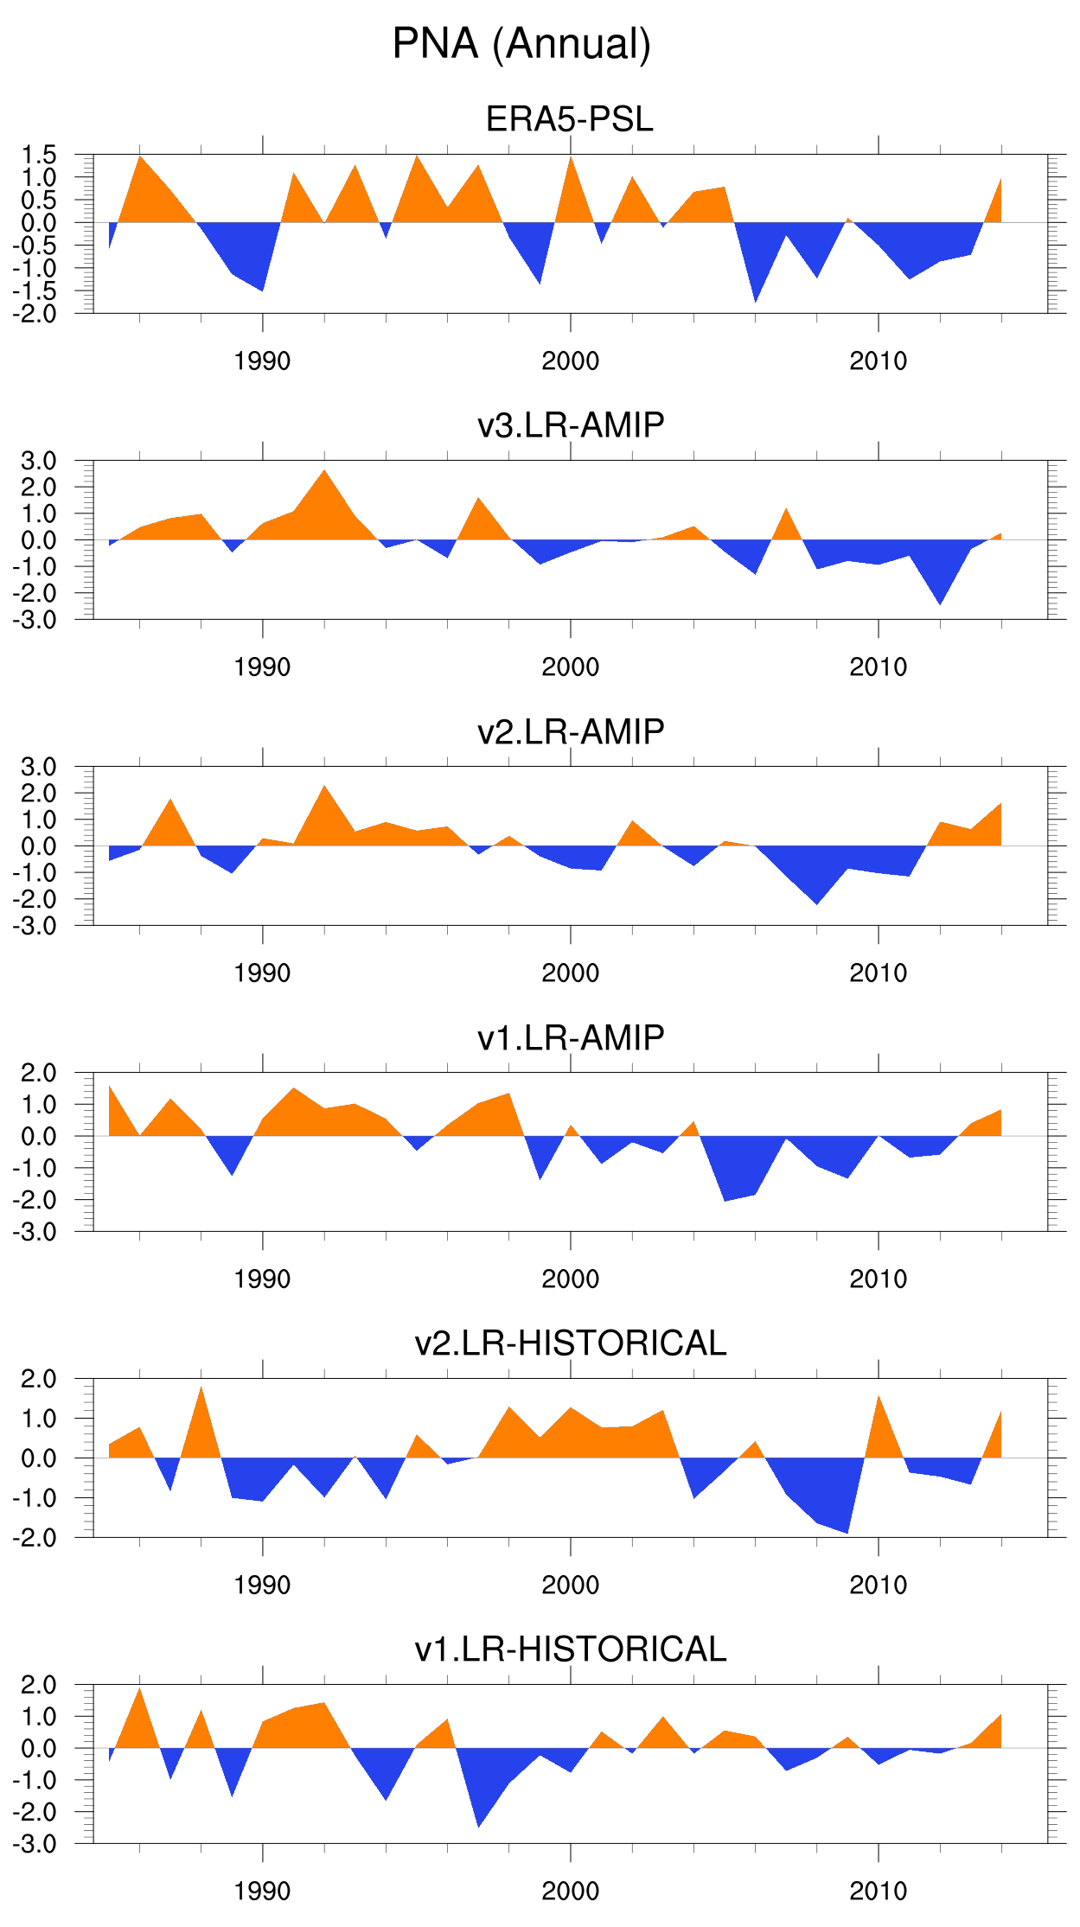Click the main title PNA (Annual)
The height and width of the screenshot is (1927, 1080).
(521, 44)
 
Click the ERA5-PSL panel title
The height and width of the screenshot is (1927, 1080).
(570, 119)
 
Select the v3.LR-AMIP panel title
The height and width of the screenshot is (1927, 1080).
(571, 425)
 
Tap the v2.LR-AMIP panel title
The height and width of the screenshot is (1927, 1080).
(571, 731)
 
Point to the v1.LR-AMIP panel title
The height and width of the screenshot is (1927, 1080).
(571, 1037)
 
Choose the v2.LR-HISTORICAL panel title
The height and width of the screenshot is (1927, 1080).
(571, 1343)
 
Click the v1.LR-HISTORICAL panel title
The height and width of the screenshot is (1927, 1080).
(571, 1649)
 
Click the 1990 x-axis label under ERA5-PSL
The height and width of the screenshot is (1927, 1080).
(262, 361)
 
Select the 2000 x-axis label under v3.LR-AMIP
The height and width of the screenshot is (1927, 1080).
(570, 667)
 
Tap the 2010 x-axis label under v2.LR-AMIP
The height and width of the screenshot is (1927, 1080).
(878, 973)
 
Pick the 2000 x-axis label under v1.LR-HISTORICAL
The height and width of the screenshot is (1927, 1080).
(570, 1892)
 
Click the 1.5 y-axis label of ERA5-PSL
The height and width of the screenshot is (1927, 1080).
(39, 156)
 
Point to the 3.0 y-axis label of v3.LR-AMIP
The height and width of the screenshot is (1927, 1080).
(39, 461)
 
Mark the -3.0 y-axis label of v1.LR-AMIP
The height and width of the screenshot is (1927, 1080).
(35, 1232)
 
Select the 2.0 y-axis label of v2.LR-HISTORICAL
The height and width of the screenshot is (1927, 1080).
(39, 1379)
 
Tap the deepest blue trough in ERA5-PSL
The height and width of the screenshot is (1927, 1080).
(756, 299)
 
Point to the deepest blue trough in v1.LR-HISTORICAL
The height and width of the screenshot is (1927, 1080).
(478, 1824)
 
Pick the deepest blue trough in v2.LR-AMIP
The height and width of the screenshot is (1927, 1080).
(817, 902)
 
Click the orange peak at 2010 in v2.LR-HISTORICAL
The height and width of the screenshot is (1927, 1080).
(879, 1399)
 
